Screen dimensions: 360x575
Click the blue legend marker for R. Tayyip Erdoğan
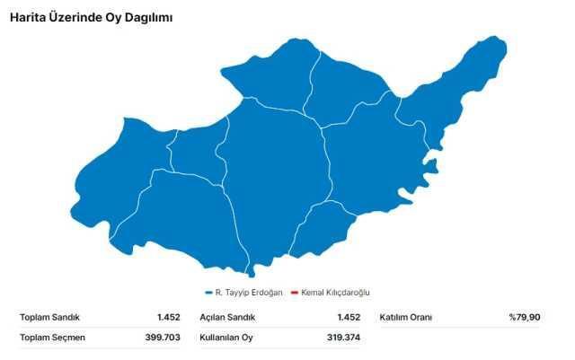pyautogui.click(x=208, y=293)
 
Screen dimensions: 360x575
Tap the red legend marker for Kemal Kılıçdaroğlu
pyautogui.click(x=294, y=293)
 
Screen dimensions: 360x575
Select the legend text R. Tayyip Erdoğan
pyautogui.click(x=249, y=293)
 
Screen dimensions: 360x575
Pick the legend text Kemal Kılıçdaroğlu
pyautogui.click(x=335, y=293)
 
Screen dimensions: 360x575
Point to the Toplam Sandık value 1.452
pyautogui.click(x=168, y=317)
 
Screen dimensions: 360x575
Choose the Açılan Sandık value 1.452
pyautogui.click(x=349, y=317)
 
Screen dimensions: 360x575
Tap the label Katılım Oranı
pyautogui.click(x=405, y=317)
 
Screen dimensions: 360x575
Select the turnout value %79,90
pyautogui.click(x=524, y=317)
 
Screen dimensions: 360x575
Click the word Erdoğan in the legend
pyautogui.click(x=266, y=293)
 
